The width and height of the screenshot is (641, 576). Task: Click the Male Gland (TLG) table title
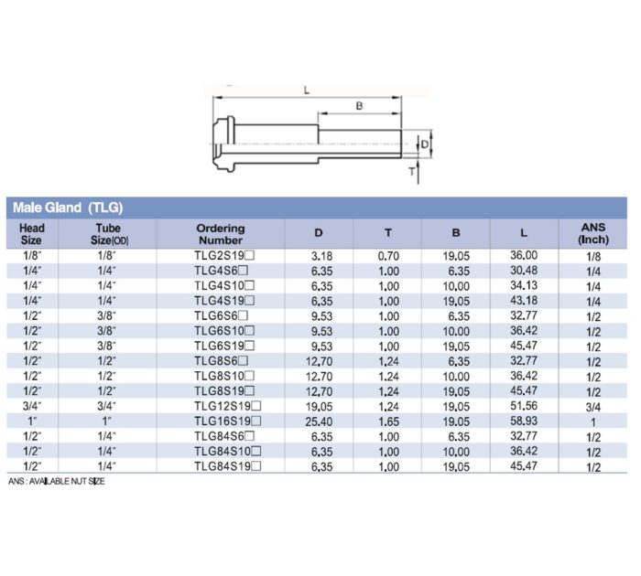[x=68, y=208]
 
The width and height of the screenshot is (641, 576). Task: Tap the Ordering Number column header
[x=221, y=234]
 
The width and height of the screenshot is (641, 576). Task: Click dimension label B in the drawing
[x=359, y=107]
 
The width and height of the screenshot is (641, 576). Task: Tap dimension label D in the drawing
[x=424, y=143]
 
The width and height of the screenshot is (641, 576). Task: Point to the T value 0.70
[x=388, y=257]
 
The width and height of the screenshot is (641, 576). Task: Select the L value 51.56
[x=523, y=405]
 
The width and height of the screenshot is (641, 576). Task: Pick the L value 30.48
[x=523, y=272]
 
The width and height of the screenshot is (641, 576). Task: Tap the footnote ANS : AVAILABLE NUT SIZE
[x=56, y=481]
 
